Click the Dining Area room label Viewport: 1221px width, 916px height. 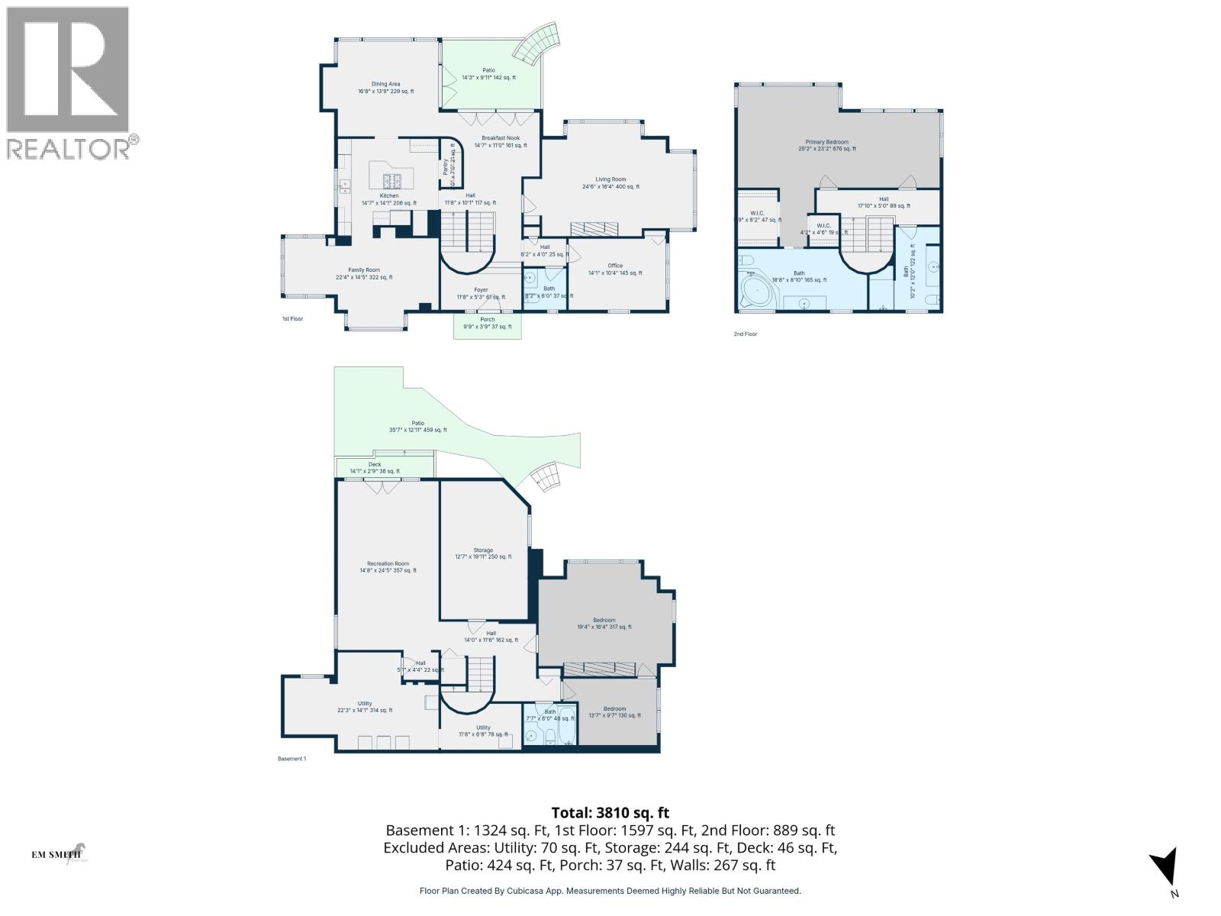(x=385, y=84)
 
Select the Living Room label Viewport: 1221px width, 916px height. (x=610, y=179)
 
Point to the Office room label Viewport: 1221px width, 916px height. (x=615, y=266)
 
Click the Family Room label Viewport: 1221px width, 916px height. (x=364, y=269)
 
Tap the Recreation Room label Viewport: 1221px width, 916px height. (x=388, y=564)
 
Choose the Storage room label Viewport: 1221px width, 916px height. (x=483, y=550)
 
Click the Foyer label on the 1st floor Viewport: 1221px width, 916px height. (x=481, y=290)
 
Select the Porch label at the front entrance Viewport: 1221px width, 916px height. (x=487, y=320)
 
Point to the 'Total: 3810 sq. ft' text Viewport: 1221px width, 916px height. (x=610, y=813)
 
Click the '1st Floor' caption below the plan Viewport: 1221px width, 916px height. (x=292, y=318)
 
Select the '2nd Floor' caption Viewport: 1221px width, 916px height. (x=745, y=334)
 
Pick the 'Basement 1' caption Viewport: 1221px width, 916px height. (x=292, y=759)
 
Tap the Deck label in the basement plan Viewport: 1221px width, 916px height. (x=375, y=464)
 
